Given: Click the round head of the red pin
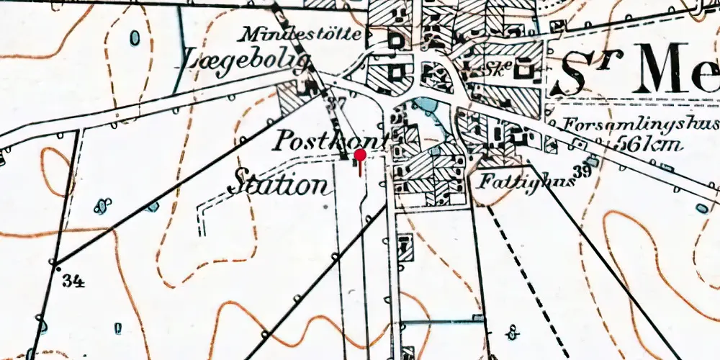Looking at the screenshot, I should point(360,154).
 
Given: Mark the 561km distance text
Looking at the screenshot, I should point(649,144).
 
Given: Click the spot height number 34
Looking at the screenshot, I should point(73,281).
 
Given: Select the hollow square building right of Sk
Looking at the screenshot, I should point(526,69).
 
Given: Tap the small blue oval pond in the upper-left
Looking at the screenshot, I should point(135,37).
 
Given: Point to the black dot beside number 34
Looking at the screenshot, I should point(58,268).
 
